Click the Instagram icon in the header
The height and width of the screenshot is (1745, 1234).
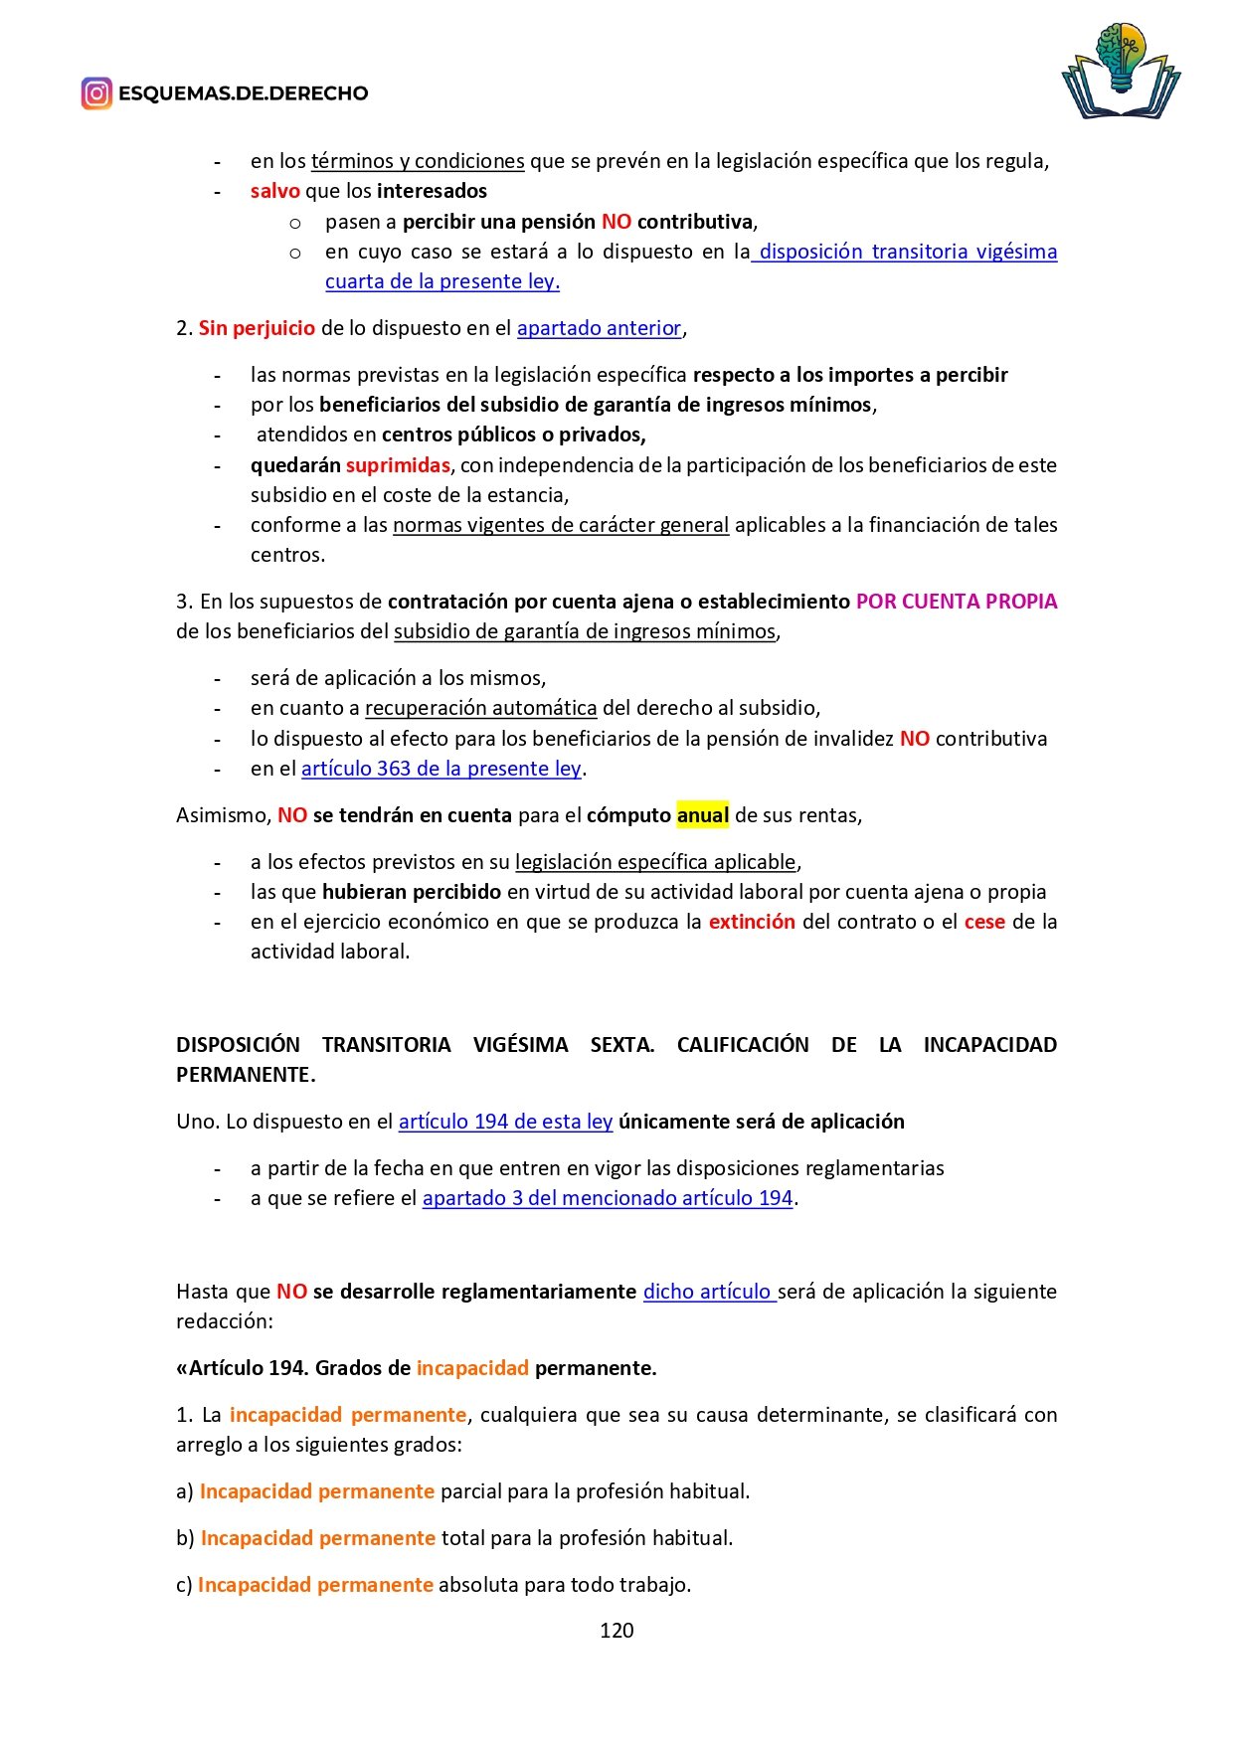coord(96,93)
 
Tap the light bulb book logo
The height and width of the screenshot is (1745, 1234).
coord(1121,72)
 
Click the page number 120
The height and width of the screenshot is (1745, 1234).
coord(617,1630)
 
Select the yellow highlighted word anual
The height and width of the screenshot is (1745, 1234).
coord(703,815)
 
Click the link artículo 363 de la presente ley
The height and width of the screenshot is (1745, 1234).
coord(441,769)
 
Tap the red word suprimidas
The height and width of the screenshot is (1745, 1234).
coord(398,465)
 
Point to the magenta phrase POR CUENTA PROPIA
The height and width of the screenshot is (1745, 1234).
coord(956,602)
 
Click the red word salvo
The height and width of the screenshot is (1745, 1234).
coord(274,191)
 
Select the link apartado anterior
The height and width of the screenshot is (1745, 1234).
coord(599,328)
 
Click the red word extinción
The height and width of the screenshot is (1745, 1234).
coord(752,922)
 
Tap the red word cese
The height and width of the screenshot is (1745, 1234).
coord(984,922)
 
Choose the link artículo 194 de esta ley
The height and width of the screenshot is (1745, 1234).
coord(505,1122)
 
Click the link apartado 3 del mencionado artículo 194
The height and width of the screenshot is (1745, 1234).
coord(608,1198)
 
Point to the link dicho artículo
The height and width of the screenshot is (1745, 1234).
coord(708,1292)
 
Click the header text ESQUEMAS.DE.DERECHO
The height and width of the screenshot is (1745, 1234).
coord(244,93)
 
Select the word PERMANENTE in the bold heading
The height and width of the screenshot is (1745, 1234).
coord(245,1075)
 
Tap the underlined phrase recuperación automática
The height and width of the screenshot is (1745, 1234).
coord(481,708)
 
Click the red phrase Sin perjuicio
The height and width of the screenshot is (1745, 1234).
coord(257,328)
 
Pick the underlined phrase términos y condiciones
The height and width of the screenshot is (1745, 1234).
coord(418,161)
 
